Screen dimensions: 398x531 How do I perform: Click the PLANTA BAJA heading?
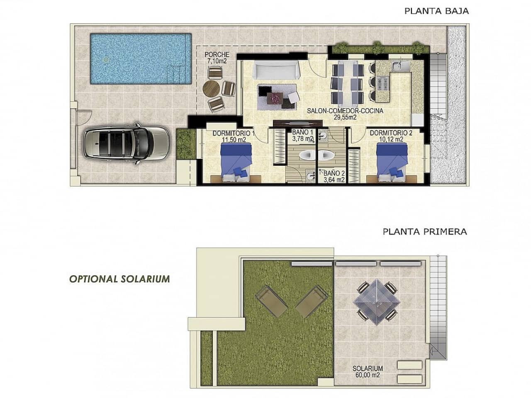436,11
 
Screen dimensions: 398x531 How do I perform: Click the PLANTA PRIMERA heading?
425,231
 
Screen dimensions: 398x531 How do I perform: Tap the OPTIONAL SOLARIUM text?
119,279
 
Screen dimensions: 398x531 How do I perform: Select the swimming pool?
139,58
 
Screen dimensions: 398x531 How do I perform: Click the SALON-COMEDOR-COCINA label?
345,114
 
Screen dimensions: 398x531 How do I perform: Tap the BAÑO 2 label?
334,176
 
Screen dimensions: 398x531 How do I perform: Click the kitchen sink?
400,66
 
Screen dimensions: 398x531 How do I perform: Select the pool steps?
175,73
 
